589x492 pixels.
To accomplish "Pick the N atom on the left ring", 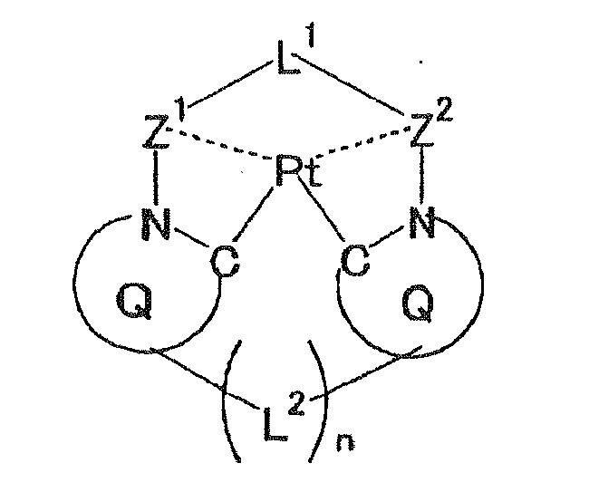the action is [x=156, y=224].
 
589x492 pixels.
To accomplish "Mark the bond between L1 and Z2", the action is [x=357, y=96].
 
